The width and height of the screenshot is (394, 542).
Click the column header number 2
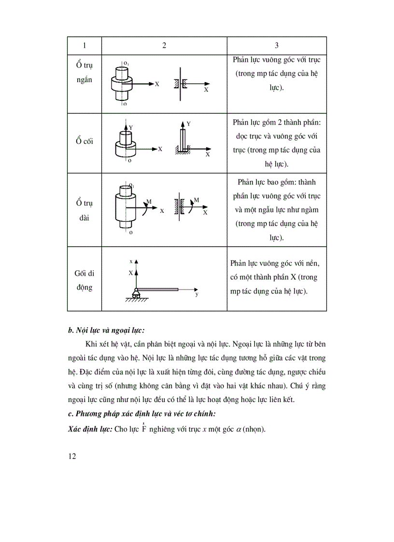point(164,45)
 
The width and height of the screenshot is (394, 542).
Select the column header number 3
point(277,45)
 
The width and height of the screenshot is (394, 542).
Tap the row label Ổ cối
point(84,141)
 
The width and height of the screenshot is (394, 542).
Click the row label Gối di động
point(84,280)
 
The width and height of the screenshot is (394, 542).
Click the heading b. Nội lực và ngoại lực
point(107,331)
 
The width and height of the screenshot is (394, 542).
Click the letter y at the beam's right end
point(197,294)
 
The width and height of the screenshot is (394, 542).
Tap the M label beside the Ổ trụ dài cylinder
point(149,201)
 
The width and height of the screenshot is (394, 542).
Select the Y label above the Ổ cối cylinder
point(131,127)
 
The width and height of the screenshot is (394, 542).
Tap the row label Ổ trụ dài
point(84,210)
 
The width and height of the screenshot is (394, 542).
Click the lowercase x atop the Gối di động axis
point(131,261)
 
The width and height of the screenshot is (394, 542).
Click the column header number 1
point(84,45)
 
